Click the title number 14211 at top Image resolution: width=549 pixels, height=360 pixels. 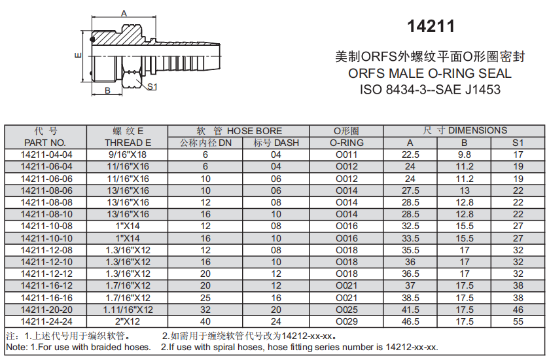click(x=431, y=26)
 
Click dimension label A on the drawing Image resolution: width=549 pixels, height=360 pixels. click(x=124, y=14)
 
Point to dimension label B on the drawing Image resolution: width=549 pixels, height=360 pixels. click(x=108, y=90)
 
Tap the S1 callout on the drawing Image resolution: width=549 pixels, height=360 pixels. click(x=152, y=86)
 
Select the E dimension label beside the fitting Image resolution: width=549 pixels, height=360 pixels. click(x=78, y=56)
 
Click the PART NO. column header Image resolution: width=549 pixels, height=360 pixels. click(x=45, y=143)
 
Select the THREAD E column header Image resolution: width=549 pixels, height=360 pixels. click(x=128, y=143)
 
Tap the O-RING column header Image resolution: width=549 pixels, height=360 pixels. click(x=347, y=143)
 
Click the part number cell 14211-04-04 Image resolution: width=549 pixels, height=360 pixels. click(x=46, y=154)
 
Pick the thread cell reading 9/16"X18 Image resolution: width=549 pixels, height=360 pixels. click(x=128, y=154)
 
